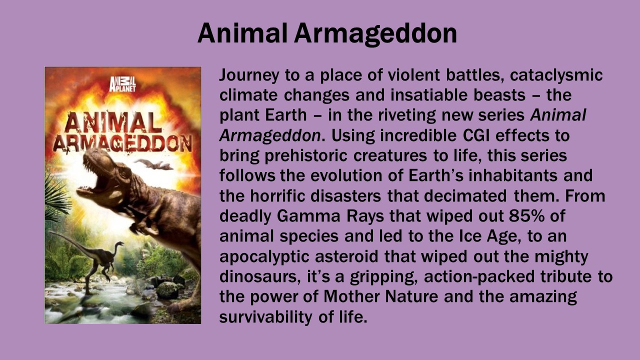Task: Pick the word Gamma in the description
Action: click(308, 216)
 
